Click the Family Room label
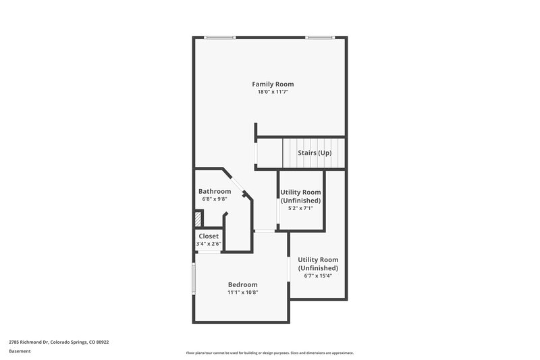[x=273, y=84]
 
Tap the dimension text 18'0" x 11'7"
[x=273, y=92]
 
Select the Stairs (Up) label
[x=315, y=153]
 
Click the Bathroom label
[x=214, y=191]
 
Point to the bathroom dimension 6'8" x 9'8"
[x=214, y=199]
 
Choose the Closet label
[x=209, y=236]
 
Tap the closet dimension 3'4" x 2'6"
[x=209, y=244]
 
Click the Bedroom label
[x=242, y=284]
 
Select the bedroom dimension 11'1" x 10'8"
[x=242, y=292]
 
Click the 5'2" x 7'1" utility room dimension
[x=300, y=209]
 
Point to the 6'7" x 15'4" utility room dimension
[x=318, y=276]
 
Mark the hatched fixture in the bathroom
[x=198, y=220]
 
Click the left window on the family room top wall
[x=216, y=37]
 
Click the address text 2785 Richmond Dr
[x=59, y=342]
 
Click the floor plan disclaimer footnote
[x=269, y=353]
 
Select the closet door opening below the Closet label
[x=209, y=252]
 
